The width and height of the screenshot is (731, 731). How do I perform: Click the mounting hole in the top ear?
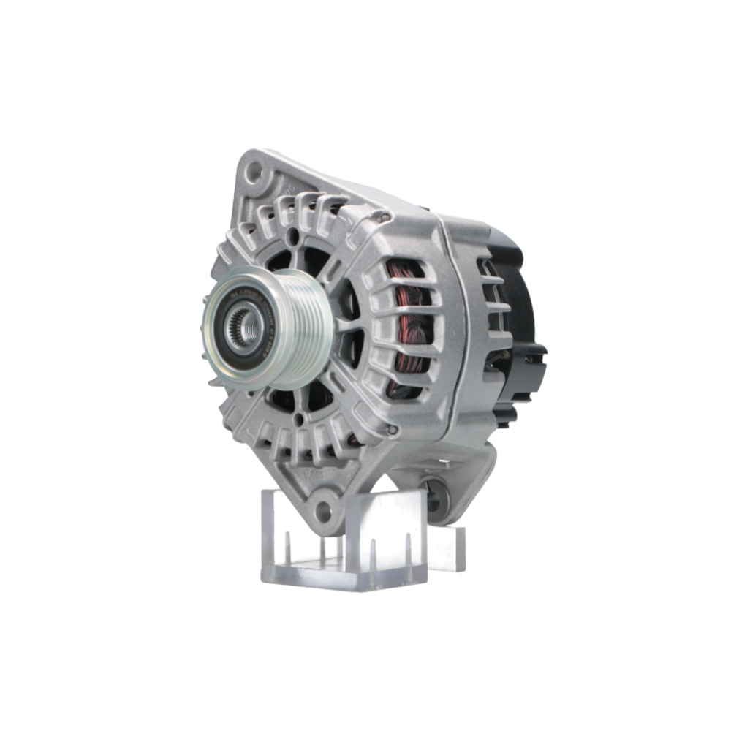[x=253, y=173]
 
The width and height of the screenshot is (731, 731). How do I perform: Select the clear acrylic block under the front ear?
[x=344, y=541]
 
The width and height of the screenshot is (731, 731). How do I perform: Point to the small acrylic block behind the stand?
[x=446, y=548]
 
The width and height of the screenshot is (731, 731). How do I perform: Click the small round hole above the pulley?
[x=293, y=236]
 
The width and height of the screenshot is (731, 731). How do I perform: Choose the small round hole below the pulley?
[x=298, y=419]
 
